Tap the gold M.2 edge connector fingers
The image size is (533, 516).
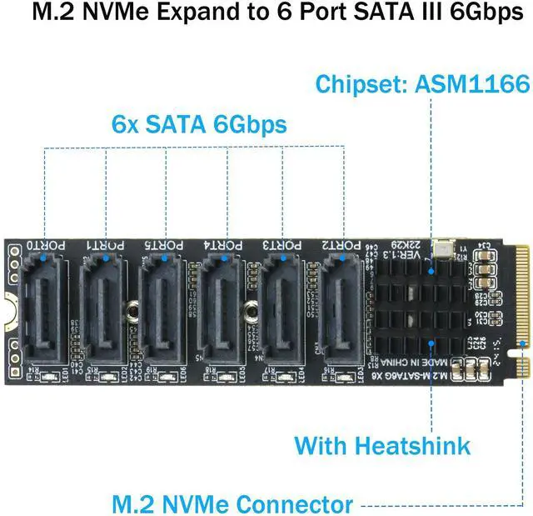click(x=521, y=300)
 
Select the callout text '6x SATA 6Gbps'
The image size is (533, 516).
click(x=199, y=125)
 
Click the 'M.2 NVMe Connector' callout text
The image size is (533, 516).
click(x=232, y=504)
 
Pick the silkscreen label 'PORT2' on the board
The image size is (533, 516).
click(x=342, y=246)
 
